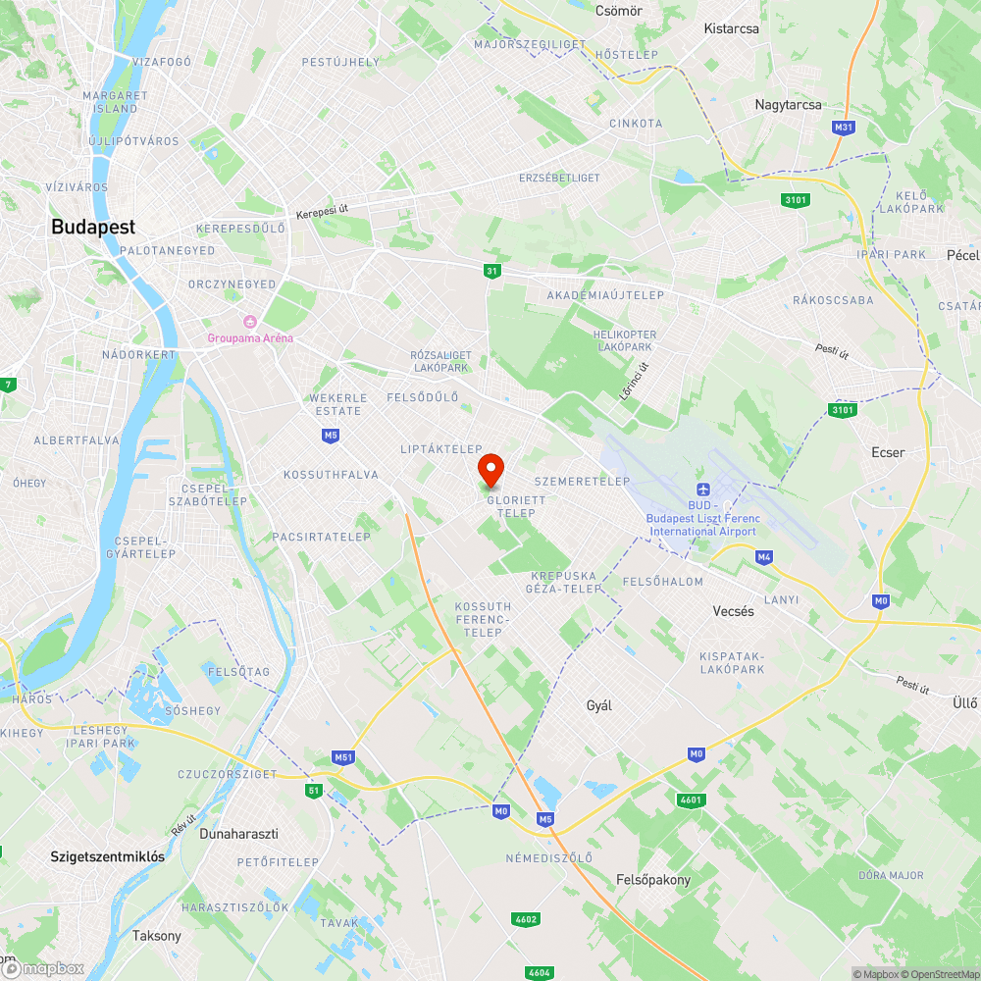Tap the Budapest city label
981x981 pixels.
tap(93, 227)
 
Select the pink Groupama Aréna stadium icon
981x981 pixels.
tap(249, 322)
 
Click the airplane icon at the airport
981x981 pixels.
tap(702, 490)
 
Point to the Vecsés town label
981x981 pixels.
tap(733, 610)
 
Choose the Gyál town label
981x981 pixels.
tap(598, 705)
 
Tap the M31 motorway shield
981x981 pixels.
tap(843, 128)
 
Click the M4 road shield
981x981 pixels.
tap(764, 557)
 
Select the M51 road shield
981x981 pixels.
tap(342, 757)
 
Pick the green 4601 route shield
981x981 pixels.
tap(692, 800)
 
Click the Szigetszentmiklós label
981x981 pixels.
tap(108, 856)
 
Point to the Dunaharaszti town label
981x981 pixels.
tap(238, 834)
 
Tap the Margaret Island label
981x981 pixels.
tap(116, 102)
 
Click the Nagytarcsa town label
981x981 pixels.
tap(788, 105)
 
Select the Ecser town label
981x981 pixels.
tap(888, 452)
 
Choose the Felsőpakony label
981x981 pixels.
tap(653, 879)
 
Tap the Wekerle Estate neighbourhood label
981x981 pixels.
tap(337, 404)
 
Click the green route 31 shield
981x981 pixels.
tap(491, 271)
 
